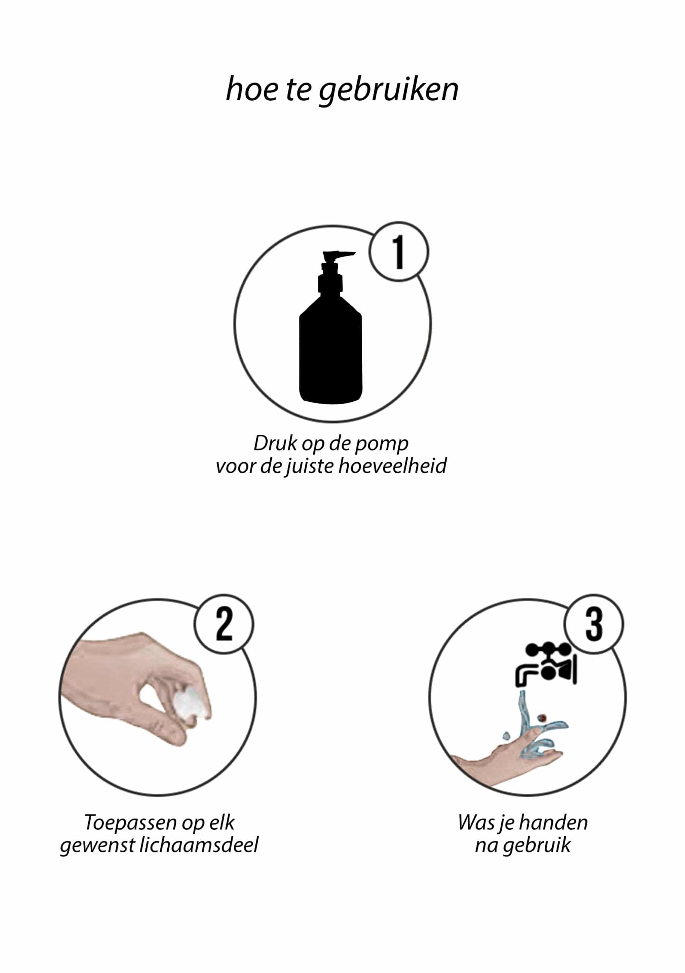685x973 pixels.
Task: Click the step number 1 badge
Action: pyautogui.click(x=398, y=252)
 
